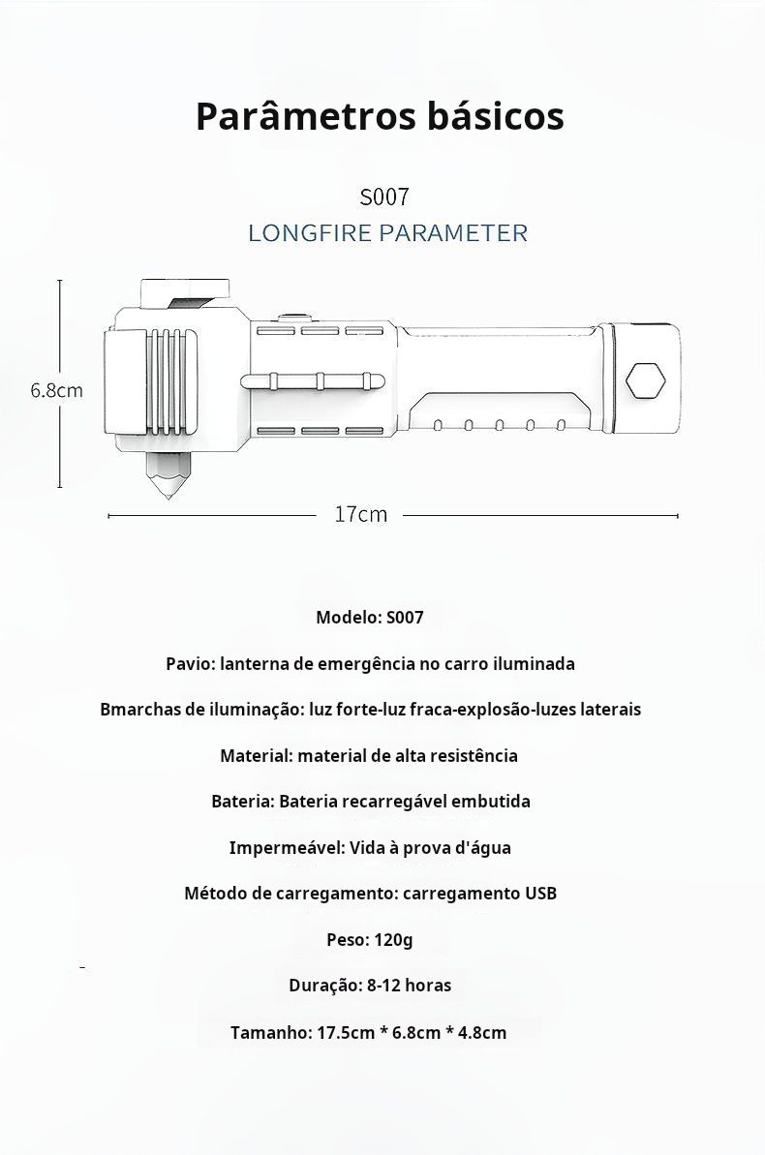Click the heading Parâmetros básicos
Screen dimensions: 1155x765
380,116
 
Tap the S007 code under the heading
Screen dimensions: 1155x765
384,198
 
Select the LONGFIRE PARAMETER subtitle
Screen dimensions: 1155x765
387,233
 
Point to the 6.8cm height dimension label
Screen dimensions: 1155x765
55,391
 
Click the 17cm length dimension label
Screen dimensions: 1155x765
360,515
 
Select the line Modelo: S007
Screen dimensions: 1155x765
369,618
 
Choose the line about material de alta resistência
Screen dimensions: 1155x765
369,756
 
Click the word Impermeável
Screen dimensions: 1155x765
285,848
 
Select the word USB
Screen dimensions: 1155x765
540,894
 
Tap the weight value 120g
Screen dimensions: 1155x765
393,939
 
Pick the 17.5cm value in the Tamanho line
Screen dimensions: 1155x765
346,1033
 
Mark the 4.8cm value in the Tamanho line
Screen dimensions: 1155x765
482,1033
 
